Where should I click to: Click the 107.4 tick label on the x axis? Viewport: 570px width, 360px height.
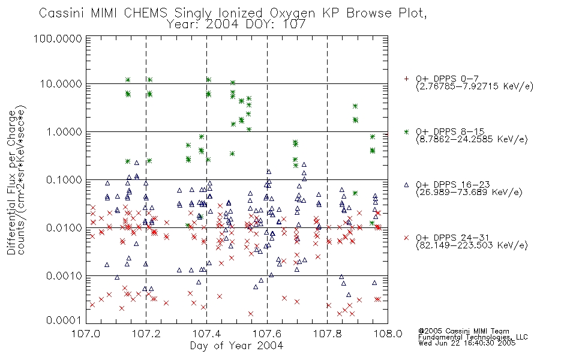[x=206, y=334]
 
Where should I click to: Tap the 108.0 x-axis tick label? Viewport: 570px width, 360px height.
[x=388, y=334]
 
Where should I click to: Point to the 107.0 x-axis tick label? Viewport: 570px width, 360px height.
[x=86, y=334]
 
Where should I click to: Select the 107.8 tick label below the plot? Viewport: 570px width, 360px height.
[x=327, y=334]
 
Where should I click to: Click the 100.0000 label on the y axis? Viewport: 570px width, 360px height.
[x=58, y=38]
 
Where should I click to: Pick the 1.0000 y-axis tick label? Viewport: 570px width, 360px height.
[x=64, y=131]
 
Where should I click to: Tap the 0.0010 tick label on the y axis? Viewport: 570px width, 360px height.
[x=64, y=275]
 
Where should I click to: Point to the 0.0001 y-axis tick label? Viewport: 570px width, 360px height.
[x=64, y=320]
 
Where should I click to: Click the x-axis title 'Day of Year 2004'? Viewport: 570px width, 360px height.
[x=236, y=346]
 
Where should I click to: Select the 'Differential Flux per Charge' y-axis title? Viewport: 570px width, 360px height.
[x=11, y=182]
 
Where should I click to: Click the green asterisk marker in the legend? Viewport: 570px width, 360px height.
[x=406, y=131]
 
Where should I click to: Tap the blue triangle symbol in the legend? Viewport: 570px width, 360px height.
[x=406, y=185]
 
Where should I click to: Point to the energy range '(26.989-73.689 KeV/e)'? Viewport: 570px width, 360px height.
[x=469, y=193]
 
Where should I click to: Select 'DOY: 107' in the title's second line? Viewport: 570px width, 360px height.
[x=275, y=25]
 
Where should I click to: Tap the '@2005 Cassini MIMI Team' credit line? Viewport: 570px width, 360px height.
[x=464, y=331]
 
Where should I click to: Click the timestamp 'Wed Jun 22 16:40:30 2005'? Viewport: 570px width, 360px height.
[x=467, y=343]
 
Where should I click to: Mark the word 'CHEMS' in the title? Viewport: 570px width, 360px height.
[x=145, y=13]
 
